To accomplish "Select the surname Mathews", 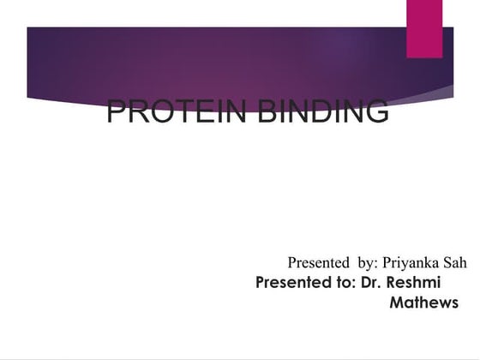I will (423, 303).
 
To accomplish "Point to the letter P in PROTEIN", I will (117, 112).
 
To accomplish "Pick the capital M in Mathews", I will (397, 303).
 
